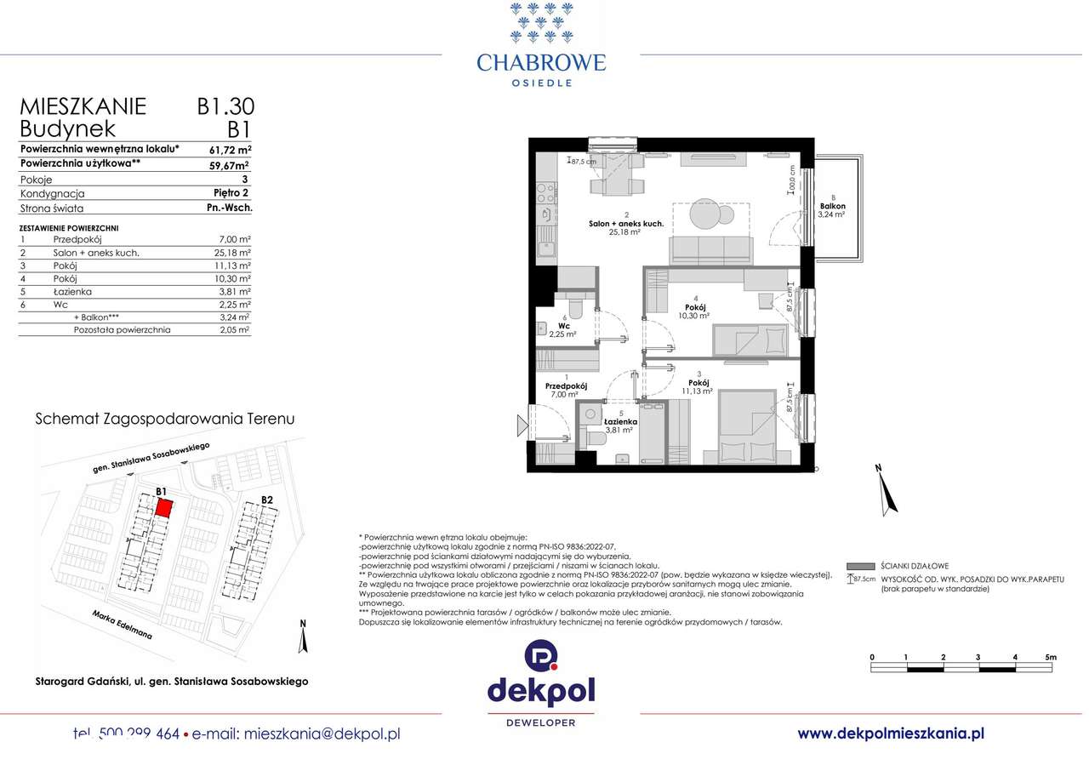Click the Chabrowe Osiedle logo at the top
click(x=541, y=47)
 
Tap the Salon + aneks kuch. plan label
click(x=625, y=224)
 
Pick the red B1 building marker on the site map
click(x=163, y=508)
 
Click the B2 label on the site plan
click(x=266, y=500)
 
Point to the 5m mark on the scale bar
click(x=1050, y=657)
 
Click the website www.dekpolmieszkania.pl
click(x=891, y=733)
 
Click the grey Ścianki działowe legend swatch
click(x=861, y=566)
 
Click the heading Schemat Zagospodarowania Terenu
click(x=164, y=419)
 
